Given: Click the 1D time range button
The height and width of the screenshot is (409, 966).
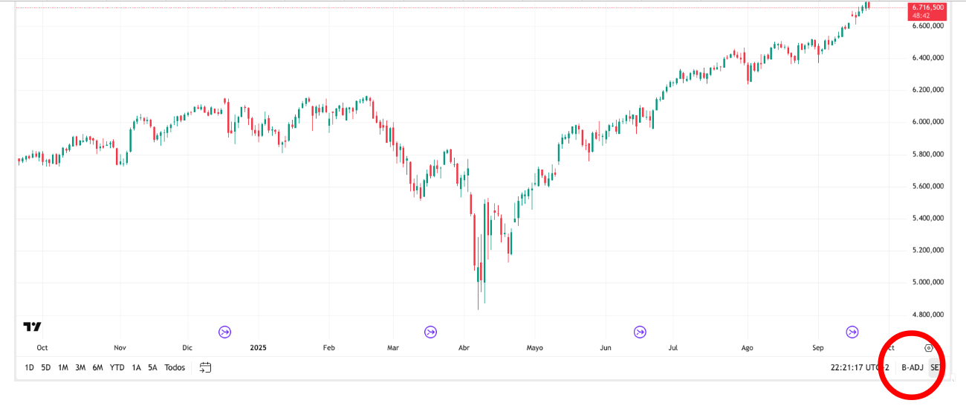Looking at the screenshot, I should [29, 367].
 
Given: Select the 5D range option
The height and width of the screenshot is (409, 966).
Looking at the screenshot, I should [46, 367].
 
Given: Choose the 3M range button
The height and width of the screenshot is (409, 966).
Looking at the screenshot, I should [80, 367].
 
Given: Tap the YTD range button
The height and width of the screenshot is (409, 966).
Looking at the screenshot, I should [117, 367].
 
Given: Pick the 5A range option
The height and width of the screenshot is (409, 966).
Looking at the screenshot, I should [152, 367].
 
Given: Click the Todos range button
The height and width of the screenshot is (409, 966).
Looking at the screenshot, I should [175, 367].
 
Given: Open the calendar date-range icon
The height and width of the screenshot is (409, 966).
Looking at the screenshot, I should [206, 367].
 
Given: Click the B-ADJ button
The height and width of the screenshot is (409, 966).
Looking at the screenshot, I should [911, 367].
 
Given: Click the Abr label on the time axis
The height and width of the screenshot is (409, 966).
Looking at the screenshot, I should [464, 347].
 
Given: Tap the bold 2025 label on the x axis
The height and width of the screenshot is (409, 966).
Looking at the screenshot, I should [258, 347].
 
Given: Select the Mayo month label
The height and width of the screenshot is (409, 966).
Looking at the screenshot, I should [534, 347].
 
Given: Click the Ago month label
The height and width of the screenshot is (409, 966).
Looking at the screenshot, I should [747, 347].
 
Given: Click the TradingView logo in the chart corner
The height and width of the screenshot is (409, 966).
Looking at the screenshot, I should [32, 326].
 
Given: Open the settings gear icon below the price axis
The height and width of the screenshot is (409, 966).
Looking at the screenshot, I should [929, 347].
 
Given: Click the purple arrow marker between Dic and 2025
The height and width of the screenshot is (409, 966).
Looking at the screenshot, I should [224, 332].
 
